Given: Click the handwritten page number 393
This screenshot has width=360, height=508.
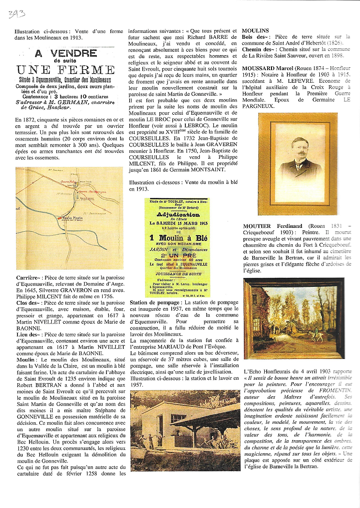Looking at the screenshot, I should (x=16, y=13).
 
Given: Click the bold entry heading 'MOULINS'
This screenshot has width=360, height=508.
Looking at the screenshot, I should (x=255, y=30).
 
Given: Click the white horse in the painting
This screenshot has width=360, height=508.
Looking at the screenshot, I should (x=316, y=336).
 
